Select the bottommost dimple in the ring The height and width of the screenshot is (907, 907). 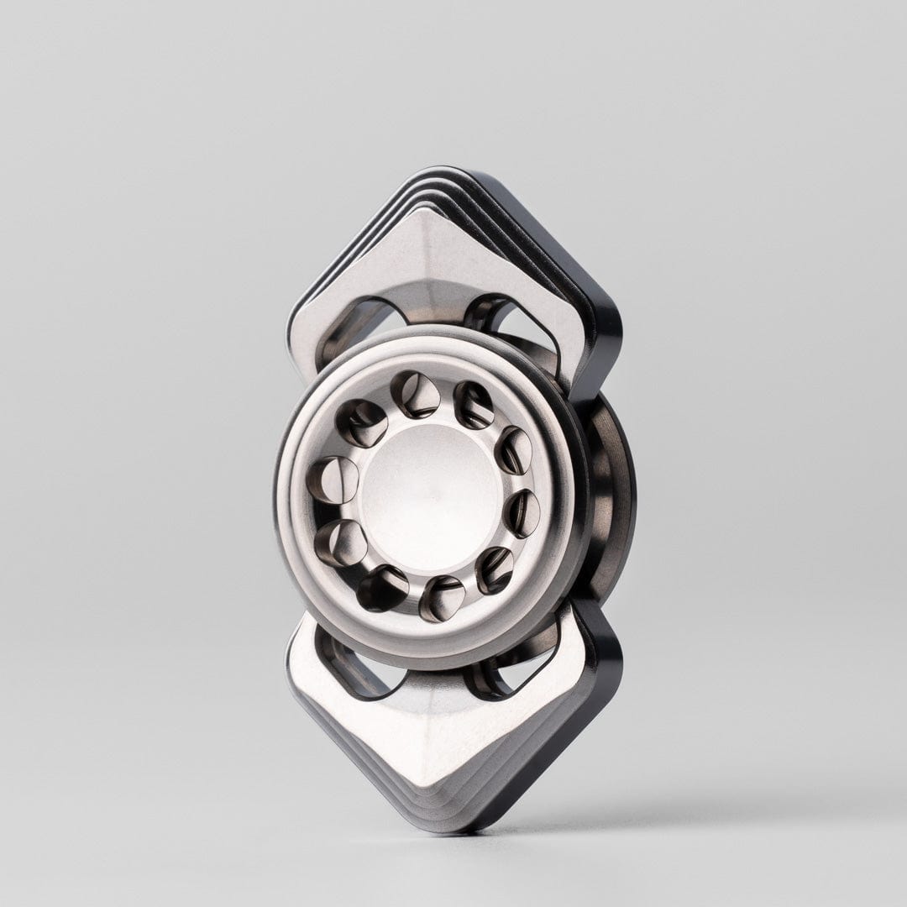click(x=441, y=598)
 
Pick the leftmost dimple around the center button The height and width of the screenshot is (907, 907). click(x=330, y=480)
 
